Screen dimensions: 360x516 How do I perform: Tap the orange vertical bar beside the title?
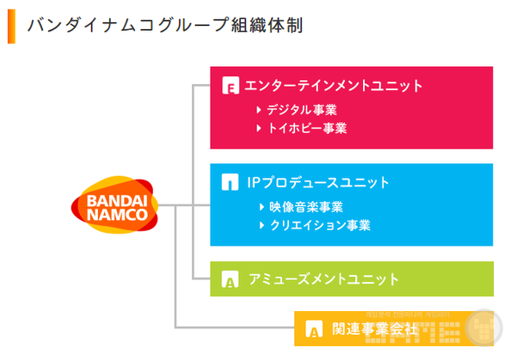(11, 25)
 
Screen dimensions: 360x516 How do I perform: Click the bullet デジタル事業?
(301, 110)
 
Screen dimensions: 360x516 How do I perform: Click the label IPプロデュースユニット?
(317, 182)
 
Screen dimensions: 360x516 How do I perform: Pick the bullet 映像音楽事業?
(306, 207)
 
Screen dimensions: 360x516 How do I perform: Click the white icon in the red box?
(230, 86)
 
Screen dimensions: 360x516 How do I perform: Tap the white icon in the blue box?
(230, 183)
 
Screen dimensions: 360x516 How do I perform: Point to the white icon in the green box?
(230, 280)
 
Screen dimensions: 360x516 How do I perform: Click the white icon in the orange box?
(314, 329)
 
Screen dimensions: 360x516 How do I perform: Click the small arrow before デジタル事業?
(259, 110)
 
